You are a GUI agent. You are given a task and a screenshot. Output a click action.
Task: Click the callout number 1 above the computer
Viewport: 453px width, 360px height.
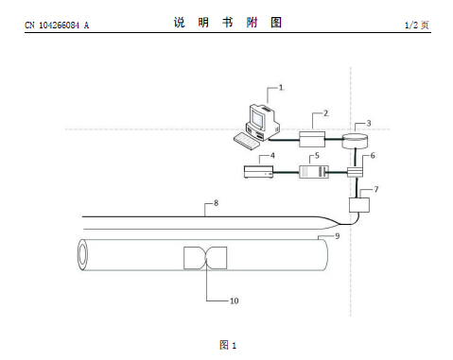tap(281, 88)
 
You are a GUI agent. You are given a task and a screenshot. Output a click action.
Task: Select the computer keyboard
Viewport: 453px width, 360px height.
tap(247, 141)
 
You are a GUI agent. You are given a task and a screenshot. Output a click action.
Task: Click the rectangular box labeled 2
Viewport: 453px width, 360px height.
tap(312, 139)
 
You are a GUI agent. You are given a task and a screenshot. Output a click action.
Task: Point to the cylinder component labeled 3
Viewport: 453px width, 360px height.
tap(356, 141)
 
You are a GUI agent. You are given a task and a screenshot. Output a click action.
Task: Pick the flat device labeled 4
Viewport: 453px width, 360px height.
tap(259, 172)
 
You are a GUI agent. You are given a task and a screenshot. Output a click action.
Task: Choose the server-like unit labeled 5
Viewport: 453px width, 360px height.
tap(314, 172)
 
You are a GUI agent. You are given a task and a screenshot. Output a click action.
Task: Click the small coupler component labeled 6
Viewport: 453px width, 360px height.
tap(356, 172)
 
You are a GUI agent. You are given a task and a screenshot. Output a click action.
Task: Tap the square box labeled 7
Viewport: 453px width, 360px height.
tap(359, 205)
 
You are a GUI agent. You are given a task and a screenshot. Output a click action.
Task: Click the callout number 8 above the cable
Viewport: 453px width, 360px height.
tap(216, 203)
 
